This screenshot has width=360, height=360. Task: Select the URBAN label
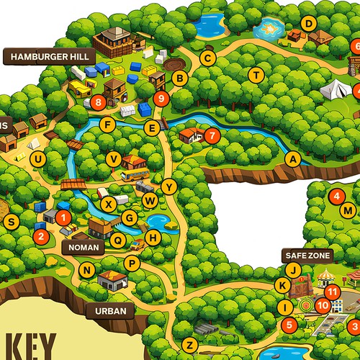(x=110, y=311)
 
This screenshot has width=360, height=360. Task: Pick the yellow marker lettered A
(x=292, y=158)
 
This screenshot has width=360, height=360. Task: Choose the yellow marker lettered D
(x=308, y=24)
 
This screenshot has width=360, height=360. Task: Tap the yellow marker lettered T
(x=255, y=75)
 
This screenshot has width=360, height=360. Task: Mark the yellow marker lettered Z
(x=189, y=343)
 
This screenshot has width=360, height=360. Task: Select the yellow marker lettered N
(x=88, y=271)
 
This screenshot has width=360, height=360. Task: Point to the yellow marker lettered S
(x=11, y=222)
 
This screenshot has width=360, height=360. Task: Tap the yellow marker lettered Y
(x=168, y=186)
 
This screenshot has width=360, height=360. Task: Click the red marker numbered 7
(x=211, y=135)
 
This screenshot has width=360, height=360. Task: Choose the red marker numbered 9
(x=161, y=98)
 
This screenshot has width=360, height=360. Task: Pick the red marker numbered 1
(x=63, y=216)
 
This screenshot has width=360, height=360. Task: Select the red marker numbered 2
(x=41, y=235)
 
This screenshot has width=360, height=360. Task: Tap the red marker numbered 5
(x=289, y=325)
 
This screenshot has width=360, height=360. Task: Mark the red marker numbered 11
(x=332, y=292)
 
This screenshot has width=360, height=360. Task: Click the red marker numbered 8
(x=98, y=103)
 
